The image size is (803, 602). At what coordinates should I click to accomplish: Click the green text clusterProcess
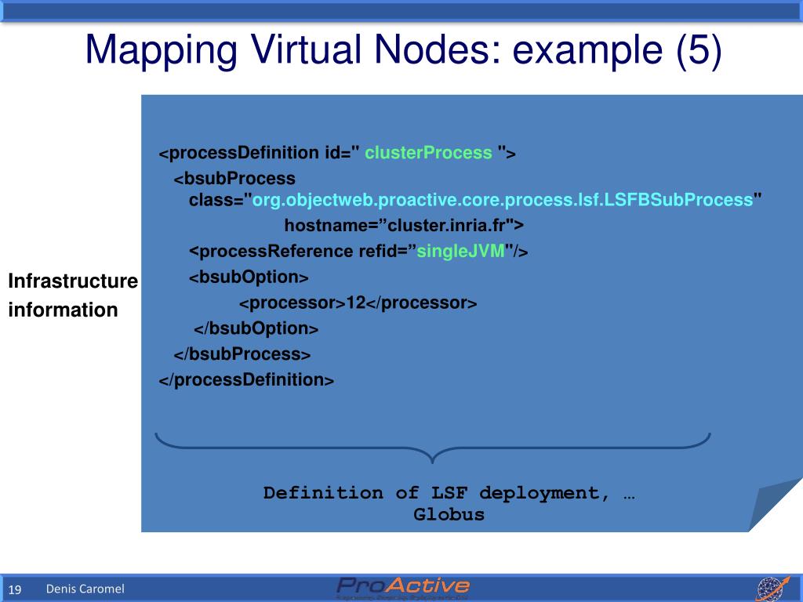point(428,153)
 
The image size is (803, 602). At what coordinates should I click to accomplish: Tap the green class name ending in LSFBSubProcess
point(502,200)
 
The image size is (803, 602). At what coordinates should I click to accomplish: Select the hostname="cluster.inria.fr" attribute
point(404,226)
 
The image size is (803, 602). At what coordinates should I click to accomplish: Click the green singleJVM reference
point(460,252)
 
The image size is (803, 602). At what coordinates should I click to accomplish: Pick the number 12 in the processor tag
point(356,303)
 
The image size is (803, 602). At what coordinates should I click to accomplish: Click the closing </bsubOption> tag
point(256,328)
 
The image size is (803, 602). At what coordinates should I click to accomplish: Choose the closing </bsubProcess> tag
point(242,354)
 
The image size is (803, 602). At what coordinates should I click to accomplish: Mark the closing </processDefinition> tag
point(246,380)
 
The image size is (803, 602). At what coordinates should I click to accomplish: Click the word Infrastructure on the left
point(73,281)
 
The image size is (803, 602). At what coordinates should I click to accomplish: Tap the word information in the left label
point(63,310)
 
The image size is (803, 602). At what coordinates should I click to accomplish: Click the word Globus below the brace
point(449,515)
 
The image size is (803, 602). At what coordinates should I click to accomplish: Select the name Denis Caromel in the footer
point(85,589)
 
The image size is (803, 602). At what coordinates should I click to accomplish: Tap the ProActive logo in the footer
point(403,588)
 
